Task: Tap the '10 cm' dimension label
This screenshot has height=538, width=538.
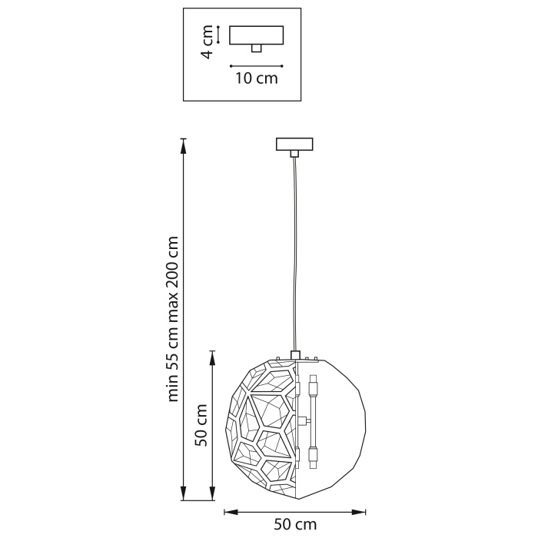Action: [x=256, y=78]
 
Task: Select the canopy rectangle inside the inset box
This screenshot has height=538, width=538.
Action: [x=257, y=35]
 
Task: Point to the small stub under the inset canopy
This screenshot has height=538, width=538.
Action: [x=257, y=48]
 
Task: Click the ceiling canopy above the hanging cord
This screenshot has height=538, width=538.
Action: [x=294, y=144]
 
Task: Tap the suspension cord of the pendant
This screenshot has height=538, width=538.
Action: [x=294, y=254]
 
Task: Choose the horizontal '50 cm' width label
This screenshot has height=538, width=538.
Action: [x=295, y=524]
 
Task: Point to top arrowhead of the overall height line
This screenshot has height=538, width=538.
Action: [x=183, y=142]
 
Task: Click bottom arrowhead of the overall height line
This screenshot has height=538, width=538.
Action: [x=183, y=495]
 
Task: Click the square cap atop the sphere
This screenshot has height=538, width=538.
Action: [x=294, y=354]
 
